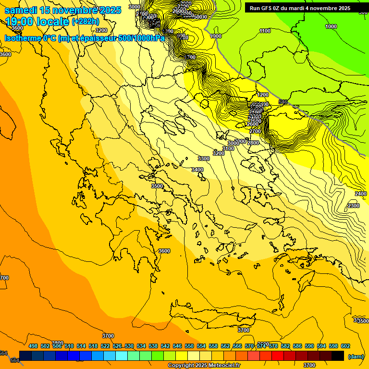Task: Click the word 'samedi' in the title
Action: click(x=21, y=10)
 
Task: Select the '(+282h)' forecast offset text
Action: click(x=86, y=22)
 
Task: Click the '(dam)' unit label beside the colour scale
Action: click(x=356, y=357)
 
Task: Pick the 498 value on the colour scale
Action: click(x=33, y=346)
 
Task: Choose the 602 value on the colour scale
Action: click(x=345, y=346)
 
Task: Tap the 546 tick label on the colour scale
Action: click(x=177, y=346)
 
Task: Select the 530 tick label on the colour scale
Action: click(x=129, y=346)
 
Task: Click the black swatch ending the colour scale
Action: click(x=338, y=356)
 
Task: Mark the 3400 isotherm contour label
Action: click(x=197, y=170)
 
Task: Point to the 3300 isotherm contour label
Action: click(x=204, y=159)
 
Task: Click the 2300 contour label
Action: click(x=353, y=206)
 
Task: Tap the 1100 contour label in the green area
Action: click(x=265, y=31)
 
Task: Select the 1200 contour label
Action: click(x=263, y=95)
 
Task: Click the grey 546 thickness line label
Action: click(x=283, y=102)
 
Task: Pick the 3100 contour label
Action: click(x=228, y=149)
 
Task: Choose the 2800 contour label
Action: click(x=253, y=143)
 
